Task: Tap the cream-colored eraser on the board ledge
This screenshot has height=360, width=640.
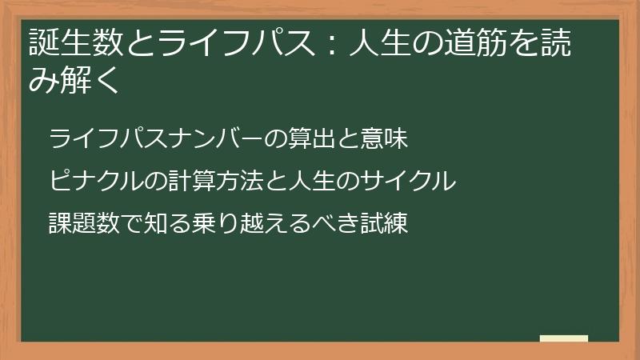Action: [x=563, y=339]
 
